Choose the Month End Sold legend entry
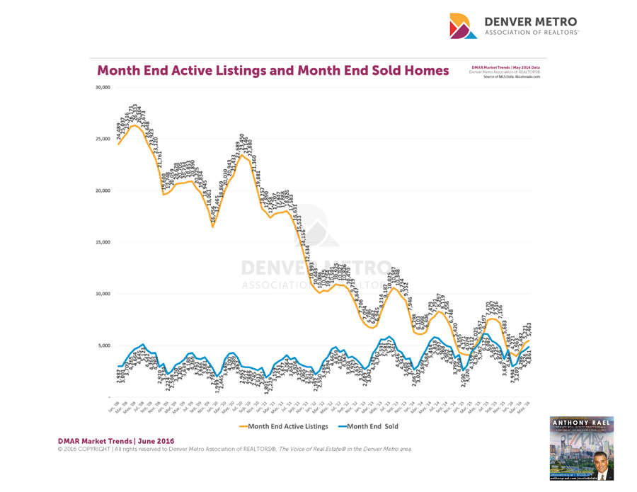368,426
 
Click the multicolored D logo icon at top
464,25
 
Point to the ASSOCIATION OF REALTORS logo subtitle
531,33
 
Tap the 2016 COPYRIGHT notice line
234,450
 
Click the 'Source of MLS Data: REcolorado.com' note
511,76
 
